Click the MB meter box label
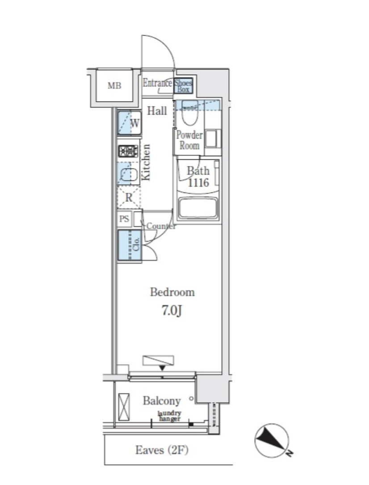pos(114,85)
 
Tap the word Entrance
pos(157,83)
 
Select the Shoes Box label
pos(183,86)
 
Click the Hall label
pos(157,111)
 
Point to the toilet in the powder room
pos(189,113)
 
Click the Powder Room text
pos(189,140)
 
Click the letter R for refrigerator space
pos(129,197)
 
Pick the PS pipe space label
pos(124,219)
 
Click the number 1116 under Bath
pos(198,183)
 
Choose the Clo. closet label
pos(136,245)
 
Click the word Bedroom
pos(172,292)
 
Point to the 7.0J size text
pos(172,311)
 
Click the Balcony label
pos(162,401)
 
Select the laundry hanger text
pos(169,416)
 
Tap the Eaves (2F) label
pos(162,450)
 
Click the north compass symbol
pos(273,440)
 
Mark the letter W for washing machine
pos(135,123)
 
